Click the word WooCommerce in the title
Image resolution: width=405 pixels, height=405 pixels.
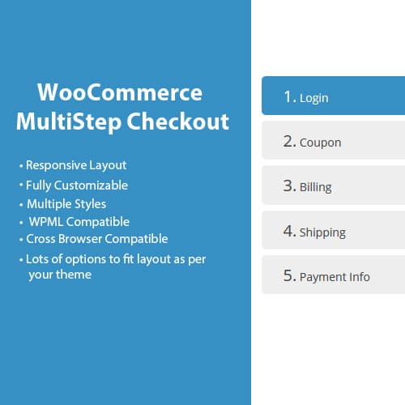(120, 91)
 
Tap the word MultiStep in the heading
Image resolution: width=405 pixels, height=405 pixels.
(62, 122)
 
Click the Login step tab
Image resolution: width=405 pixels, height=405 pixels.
(333, 96)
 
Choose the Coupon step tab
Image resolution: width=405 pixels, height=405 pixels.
(333, 141)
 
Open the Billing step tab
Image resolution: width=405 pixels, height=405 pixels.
(333, 185)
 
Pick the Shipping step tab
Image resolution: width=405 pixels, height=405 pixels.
(333, 231)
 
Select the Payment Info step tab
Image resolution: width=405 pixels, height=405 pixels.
(333, 275)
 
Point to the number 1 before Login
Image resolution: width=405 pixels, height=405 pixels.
(288, 96)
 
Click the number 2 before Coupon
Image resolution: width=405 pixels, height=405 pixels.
(288, 141)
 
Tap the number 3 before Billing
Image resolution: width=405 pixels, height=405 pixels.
(288, 185)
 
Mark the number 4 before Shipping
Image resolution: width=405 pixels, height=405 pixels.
(288, 231)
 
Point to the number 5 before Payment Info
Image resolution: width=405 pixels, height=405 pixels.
(288, 275)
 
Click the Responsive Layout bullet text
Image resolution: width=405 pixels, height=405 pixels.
(76, 165)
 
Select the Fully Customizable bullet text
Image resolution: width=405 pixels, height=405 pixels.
(77, 185)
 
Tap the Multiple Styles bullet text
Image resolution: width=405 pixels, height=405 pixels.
(66, 203)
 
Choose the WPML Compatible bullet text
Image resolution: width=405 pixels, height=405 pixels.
(79, 221)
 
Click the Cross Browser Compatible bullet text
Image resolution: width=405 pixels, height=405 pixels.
(97, 239)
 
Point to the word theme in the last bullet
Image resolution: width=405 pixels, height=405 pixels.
(75, 275)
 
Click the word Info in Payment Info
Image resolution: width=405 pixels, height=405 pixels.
(358, 276)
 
